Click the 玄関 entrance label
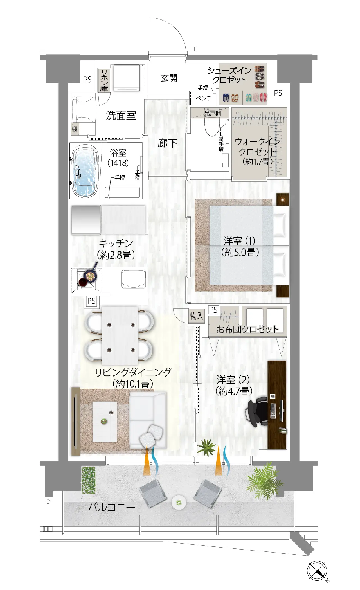(x=169, y=78)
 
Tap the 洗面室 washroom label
(x=121, y=115)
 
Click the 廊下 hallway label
(x=167, y=143)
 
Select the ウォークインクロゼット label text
(x=258, y=146)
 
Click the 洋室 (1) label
(x=239, y=241)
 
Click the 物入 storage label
(x=196, y=316)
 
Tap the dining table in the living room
(x=120, y=335)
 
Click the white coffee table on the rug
(x=105, y=421)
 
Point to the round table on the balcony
(x=179, y=503)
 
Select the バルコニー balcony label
(x=112, y=507)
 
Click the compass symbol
(x=317, y=571)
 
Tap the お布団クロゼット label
(x=247, y=329)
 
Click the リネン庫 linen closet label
(x=104, y=80)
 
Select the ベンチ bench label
(x=204, y=98)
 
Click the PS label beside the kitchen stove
(x=91, y=301)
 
